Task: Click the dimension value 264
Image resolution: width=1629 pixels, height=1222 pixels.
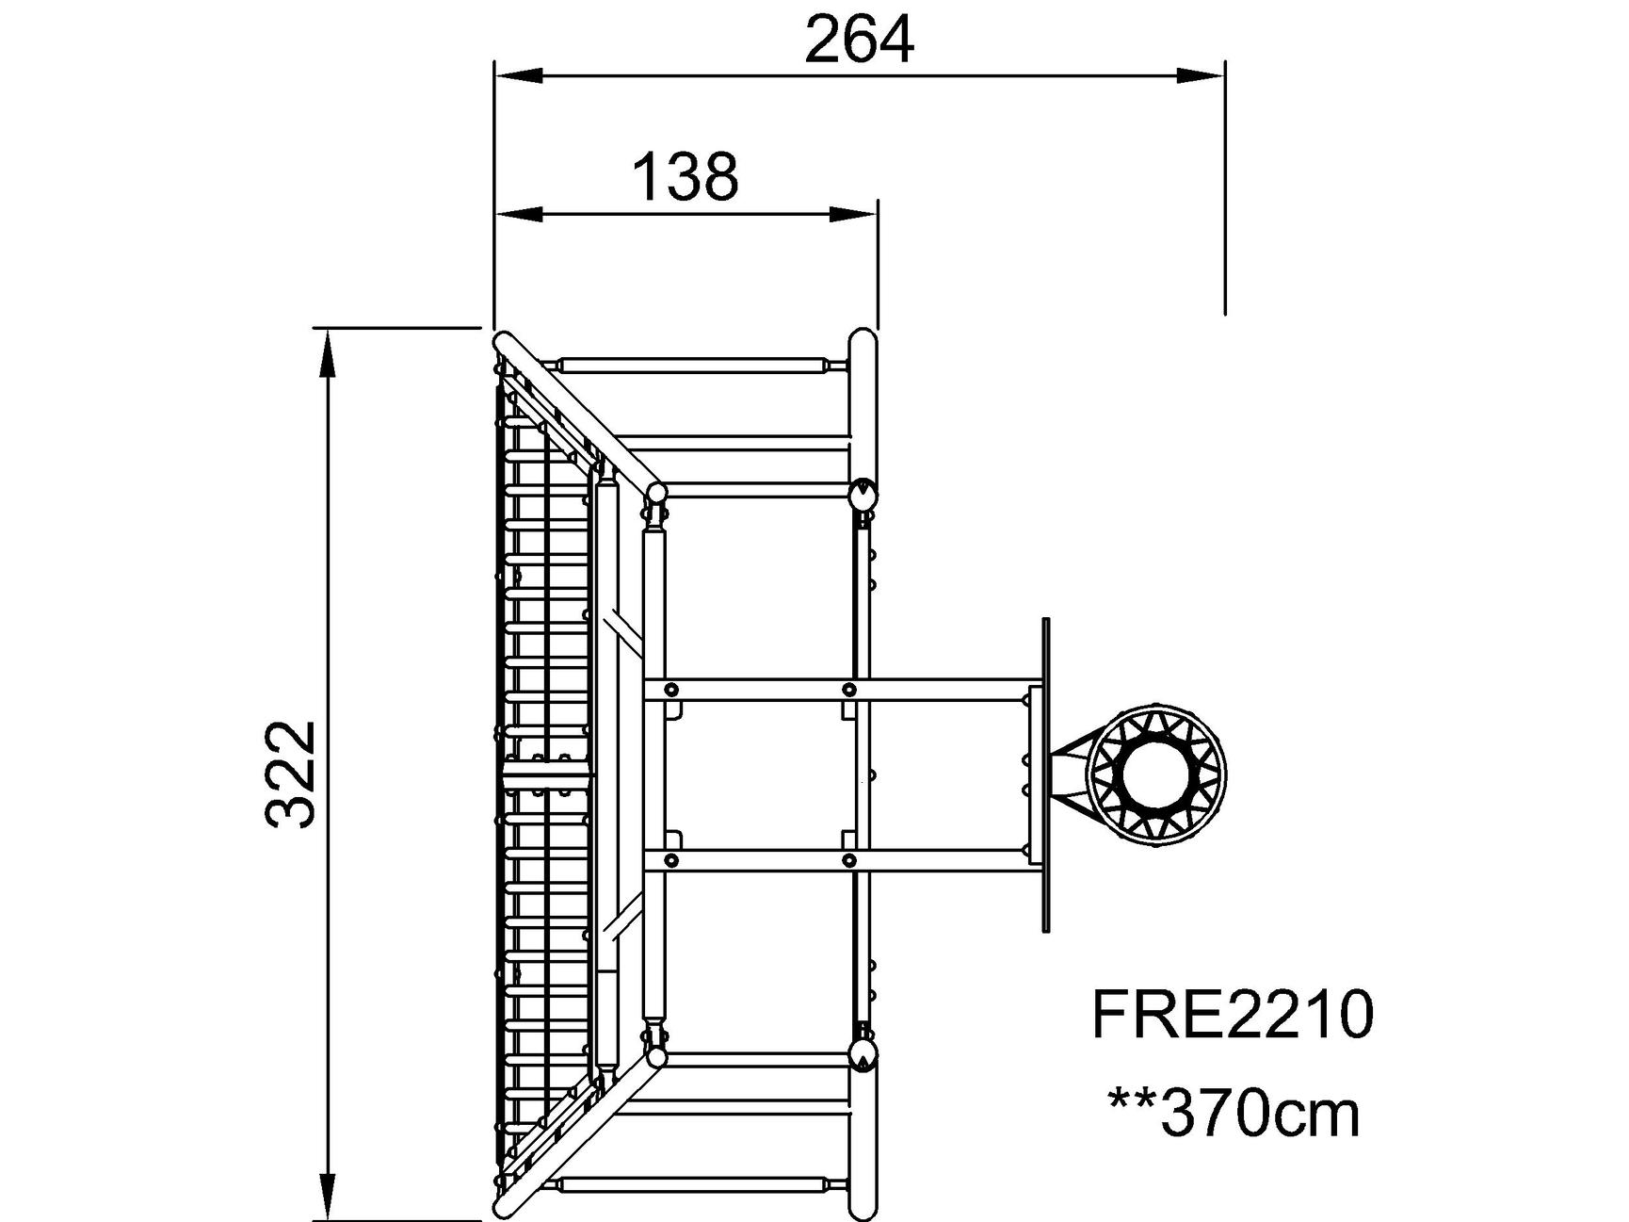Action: (859, 41)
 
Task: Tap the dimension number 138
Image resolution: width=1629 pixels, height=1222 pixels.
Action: (685, 177)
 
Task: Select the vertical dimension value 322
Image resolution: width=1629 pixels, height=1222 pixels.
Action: (290, 774)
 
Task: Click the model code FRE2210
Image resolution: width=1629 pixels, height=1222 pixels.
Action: (1233, 1016)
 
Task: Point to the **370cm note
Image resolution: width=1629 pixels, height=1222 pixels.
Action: (1234, 1114)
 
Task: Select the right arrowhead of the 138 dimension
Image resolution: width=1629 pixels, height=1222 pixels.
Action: (853, 215)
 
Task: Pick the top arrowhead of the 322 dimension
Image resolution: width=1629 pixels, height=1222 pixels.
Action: (327, 352)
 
